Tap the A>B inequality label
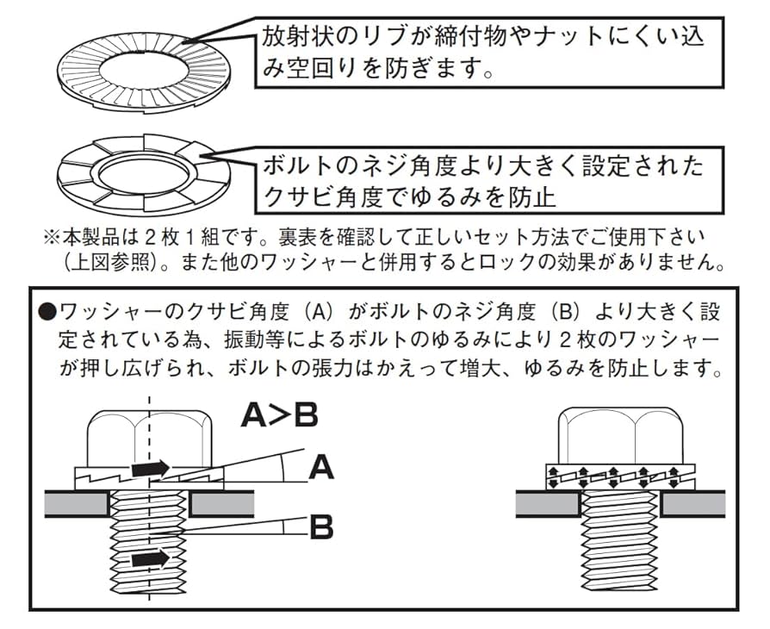(279, 415)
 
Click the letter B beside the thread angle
(320, 526)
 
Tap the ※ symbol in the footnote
(51, 235)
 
